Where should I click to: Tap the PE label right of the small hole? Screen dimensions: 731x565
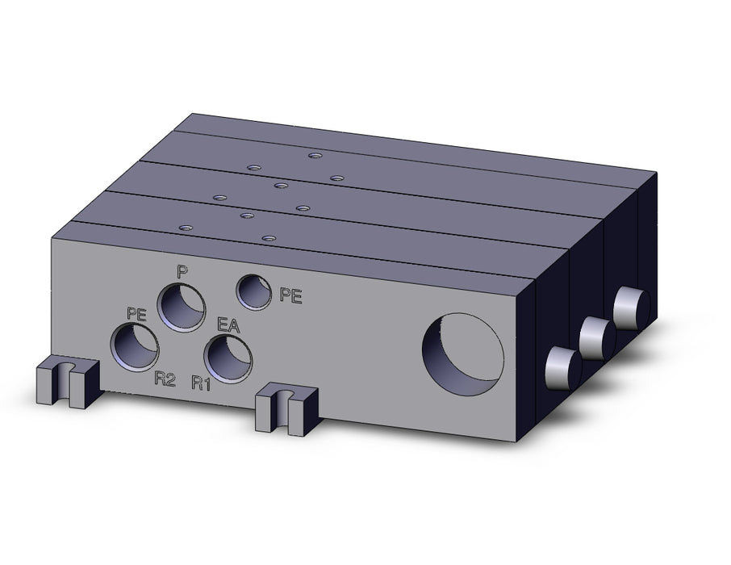[290, 295]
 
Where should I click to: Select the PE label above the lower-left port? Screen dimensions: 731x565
[136, 314]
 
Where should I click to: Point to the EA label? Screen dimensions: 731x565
[228, 325]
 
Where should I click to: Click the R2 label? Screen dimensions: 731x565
[165, 380]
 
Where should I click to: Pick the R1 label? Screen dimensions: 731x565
[201, 383]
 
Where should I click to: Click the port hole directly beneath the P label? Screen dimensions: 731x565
[182, 308]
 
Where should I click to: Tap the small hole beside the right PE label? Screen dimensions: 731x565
[254, 292]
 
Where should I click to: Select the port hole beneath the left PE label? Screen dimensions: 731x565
[135, 349]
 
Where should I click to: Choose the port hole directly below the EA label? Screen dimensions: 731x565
[228, 359]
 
